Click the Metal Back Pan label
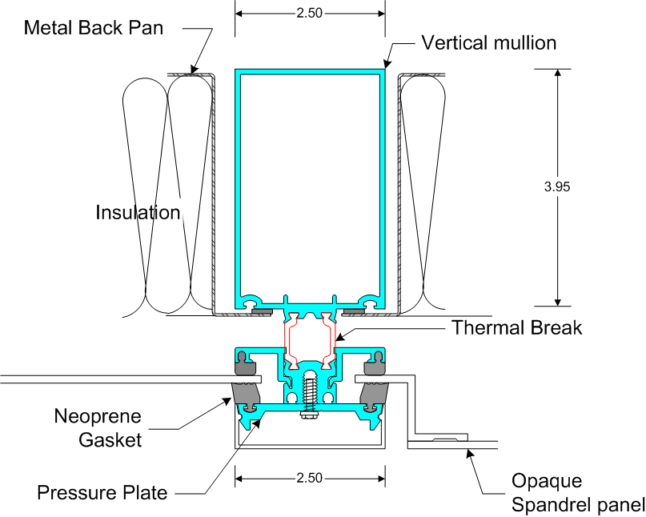94,29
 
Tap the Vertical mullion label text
488,42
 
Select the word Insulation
138,213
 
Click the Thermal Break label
516,327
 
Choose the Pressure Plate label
102,492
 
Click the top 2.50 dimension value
309,14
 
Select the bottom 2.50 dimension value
309,478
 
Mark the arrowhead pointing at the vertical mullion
387,63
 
